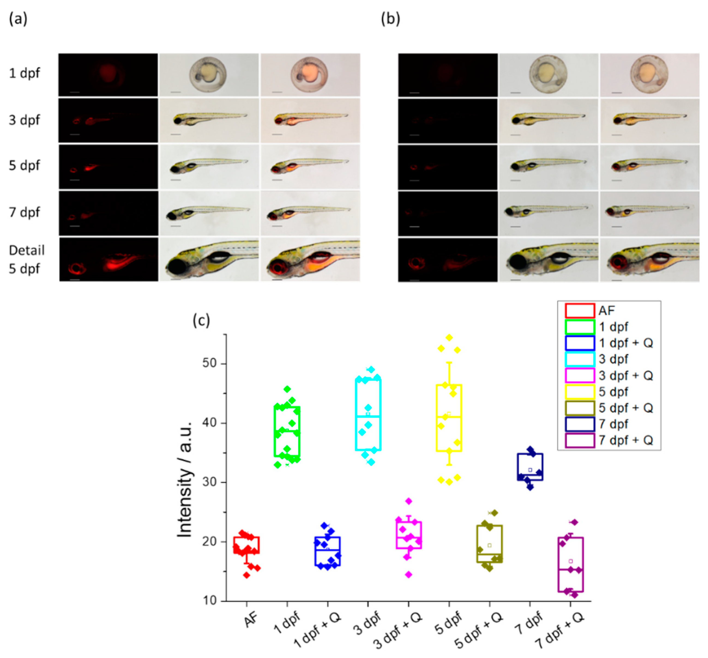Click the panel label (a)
point(18,19)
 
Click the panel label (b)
point(390,19)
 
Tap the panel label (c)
point(201,320)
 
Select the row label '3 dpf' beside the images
point(24,120)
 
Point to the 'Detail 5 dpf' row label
point(26,259)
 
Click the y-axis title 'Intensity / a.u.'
point(185,479)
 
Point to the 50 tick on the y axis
point(209,364)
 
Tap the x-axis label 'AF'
point(251,621)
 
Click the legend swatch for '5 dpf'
point(580,392)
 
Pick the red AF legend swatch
point(580,311)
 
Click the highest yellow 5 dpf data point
point(450,337)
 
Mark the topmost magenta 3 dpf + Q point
point(409,501)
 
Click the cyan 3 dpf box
point(368,415)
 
